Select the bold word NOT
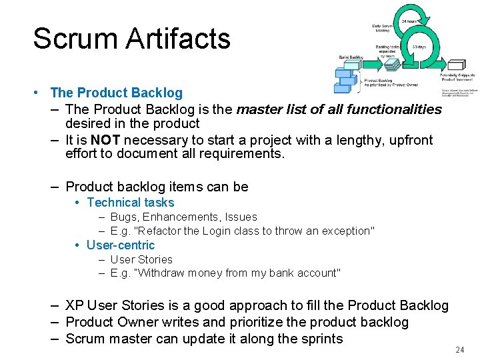click(x=105, y=140)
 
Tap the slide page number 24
click(x=459, y=349)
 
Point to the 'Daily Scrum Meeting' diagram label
click(x=381, y=27)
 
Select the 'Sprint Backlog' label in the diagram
click(x=351, y=58)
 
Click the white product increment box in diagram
click(x=456, y=65)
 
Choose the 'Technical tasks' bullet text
click(x=130, y=203)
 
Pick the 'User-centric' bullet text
click(x=120, y=245)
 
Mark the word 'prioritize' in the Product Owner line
click(x=261, y=322)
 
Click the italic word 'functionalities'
click(x=394, y=109)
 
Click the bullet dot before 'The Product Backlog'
click(x=41, y=93)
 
